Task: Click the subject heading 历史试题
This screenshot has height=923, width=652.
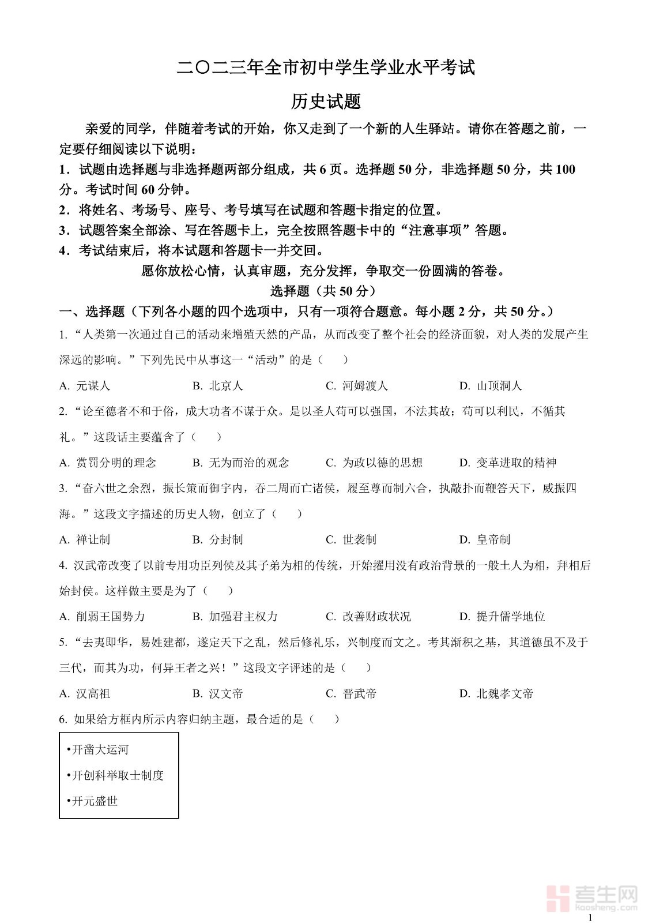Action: coord(326,102)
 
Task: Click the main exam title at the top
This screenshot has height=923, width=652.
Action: coord(326,67)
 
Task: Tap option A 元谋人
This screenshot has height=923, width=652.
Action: coord(85,385)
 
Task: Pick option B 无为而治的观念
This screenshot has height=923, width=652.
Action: coord(241,463)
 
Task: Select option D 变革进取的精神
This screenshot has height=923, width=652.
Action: coord(507,463)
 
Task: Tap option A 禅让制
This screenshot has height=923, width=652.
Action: coord(85,539)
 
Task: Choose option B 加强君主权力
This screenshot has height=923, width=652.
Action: coord(235,616)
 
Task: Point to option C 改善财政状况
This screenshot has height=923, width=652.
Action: coord(368,616)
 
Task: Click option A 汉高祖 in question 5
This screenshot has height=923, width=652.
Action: coord(85,693)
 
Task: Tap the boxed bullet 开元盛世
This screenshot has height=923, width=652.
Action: coord(93,801)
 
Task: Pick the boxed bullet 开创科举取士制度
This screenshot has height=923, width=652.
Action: coord(116,775)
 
